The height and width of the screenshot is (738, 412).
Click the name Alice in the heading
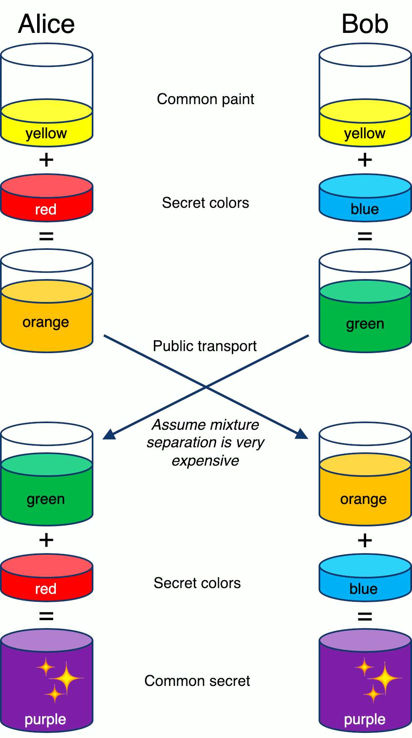point(46,24)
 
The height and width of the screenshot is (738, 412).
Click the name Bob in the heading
point(364,24)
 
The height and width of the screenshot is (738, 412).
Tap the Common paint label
point(205,99)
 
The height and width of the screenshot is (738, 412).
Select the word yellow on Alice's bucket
point(46,133)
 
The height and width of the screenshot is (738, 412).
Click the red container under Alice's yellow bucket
point(46,198)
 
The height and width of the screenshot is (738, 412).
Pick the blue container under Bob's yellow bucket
point(365,198)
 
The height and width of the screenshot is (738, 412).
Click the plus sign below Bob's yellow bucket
point(365,160)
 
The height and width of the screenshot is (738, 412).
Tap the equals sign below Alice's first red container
point(46,236)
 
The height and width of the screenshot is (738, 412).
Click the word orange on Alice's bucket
point(46,322)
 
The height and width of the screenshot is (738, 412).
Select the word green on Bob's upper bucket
point(365,324)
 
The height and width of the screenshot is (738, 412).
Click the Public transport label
point(204,346)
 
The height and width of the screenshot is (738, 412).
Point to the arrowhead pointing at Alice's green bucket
point(109,434)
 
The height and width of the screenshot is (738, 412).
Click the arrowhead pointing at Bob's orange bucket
point(301,434)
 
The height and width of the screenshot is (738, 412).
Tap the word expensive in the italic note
point(205,461)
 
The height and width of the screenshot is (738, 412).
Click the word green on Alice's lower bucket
point(46,499)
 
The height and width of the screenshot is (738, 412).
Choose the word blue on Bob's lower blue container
point(363,589)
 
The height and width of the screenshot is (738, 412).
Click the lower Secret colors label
point(197,583)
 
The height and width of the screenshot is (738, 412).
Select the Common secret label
point(197,681)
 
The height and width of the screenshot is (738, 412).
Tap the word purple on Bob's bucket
point(364,719)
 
